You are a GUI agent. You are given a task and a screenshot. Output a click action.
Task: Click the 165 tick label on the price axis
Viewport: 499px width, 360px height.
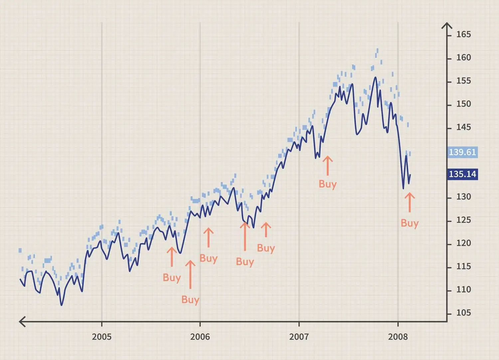463,35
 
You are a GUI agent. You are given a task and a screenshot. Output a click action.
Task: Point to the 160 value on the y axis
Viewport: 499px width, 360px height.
463,58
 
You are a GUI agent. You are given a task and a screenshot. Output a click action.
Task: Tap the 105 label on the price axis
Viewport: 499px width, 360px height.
463,313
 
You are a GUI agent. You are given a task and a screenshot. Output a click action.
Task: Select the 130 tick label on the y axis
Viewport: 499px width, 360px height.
463,197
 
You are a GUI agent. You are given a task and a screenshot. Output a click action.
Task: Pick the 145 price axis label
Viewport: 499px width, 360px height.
463,127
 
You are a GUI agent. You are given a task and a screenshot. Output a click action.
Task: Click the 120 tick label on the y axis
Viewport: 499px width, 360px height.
463,243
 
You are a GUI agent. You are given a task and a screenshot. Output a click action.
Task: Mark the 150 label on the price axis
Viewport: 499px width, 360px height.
463,104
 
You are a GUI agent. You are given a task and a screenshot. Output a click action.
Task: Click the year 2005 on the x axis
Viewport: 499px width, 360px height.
101,337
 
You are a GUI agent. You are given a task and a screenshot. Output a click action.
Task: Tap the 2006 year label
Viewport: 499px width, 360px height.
200,337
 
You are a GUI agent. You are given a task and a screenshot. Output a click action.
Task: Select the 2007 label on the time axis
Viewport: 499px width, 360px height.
299,337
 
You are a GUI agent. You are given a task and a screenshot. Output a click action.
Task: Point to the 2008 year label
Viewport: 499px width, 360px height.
398,337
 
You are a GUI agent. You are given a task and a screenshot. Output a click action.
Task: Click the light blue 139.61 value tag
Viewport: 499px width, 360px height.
462,152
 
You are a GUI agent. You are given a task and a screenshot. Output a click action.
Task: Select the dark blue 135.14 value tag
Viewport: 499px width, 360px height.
462,174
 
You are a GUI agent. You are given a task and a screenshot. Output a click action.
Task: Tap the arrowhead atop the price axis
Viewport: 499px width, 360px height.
447,26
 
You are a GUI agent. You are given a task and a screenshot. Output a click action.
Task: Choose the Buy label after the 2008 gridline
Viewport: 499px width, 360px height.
410,223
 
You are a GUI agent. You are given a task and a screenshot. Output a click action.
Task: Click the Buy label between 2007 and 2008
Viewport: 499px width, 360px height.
328,184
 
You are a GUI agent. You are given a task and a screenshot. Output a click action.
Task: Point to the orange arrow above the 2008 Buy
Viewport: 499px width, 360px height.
410,202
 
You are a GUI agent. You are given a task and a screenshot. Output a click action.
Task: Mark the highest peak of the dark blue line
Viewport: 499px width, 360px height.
375,77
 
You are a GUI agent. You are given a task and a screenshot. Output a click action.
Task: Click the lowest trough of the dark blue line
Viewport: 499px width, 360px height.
62,305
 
